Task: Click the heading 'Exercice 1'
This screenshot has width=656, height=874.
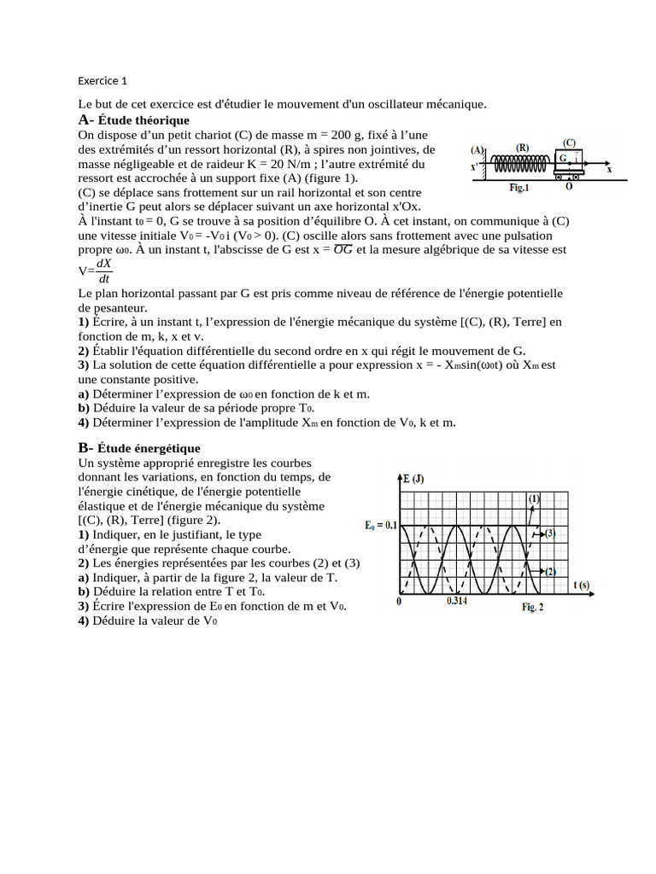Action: [102, 81]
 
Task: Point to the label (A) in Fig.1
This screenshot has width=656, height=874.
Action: [478, 149]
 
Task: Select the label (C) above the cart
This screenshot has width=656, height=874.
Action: [569, 143]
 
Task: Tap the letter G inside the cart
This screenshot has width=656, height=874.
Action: [564, 159]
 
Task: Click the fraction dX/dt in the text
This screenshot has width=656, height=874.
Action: [104, 271]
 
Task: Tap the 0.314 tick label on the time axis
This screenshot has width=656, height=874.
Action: [457, 601]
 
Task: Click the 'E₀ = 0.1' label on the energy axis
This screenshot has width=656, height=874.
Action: [381, 526]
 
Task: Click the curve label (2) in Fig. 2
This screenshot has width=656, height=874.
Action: [551, 571]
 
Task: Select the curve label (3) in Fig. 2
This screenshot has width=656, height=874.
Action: [551, 534]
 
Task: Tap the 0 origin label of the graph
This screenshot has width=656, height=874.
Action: [401, 601]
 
